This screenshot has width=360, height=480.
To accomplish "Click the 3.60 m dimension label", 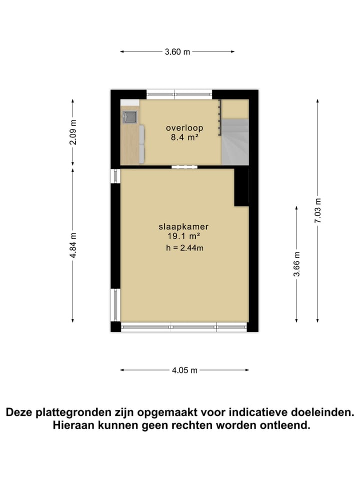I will [x=177, y=51].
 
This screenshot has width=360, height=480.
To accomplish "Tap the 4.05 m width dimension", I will [x=184, y=370].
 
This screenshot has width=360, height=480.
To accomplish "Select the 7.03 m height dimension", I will [x=317, y=211].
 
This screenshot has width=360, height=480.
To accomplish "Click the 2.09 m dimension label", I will [x=74, y=133].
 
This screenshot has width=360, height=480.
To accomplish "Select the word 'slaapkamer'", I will [x=183, y=226].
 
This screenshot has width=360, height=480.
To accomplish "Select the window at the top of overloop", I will [x=179, y=93].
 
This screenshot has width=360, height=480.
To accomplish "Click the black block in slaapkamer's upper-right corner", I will [x=241, y=186].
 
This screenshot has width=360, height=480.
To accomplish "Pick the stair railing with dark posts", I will [x=219, y=117].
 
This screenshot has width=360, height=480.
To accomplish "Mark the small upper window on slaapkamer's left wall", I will [x=116, y=175].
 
